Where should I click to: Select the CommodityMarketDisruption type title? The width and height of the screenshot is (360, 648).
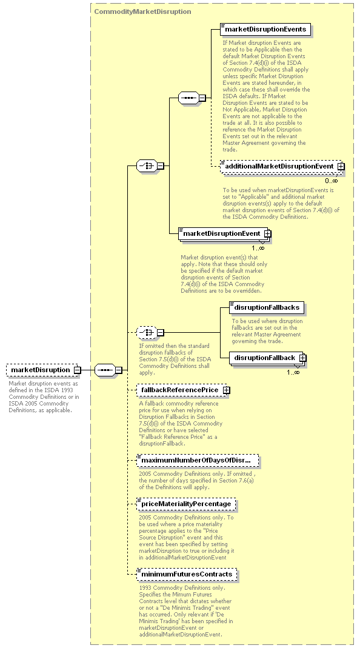142,12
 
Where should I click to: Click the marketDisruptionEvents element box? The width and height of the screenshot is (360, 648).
265,29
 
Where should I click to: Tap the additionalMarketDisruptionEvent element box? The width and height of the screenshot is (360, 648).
282,166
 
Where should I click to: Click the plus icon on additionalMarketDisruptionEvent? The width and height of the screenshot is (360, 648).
341,166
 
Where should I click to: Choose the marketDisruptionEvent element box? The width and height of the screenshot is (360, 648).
224,233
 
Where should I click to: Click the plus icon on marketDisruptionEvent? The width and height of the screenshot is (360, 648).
267,233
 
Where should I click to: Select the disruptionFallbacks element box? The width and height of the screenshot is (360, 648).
267,307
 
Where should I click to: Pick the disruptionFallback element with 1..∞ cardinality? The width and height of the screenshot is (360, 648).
268,358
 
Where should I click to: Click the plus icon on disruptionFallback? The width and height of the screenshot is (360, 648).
302,358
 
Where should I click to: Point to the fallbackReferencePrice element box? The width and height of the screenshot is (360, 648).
183,390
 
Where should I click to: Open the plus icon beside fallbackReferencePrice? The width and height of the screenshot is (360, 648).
226,390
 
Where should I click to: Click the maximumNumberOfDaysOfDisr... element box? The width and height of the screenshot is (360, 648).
198,460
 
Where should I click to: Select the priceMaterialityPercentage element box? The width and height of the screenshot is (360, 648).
187,504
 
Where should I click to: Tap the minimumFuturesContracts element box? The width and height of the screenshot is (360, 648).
187,575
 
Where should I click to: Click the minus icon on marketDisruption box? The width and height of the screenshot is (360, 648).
78,370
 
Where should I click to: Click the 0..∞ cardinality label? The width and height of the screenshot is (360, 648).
332,181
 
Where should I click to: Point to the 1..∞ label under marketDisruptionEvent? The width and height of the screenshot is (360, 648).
258,248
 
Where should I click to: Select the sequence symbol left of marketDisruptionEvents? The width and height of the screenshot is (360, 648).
188,98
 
